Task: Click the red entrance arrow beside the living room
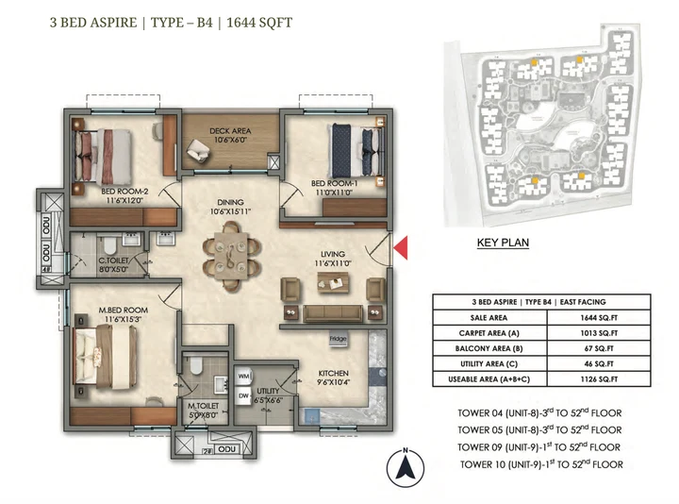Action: (400, 248)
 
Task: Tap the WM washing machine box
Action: (242, 375)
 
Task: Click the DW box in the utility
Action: (242, 395)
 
